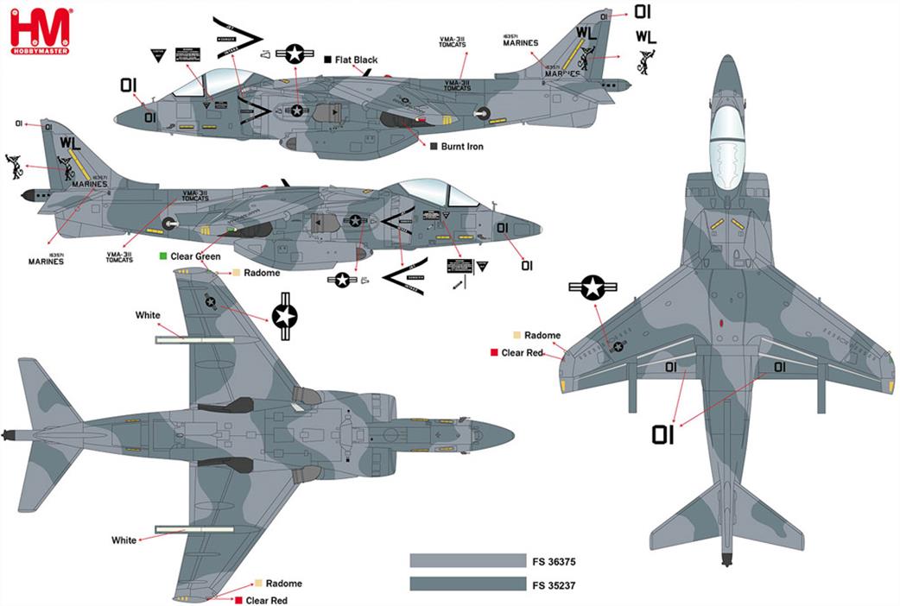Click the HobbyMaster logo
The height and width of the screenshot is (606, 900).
(x=40, y=31)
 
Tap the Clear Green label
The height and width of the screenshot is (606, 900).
(x=196, y=256)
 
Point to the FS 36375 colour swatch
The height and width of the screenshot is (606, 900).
(x=466, y=562)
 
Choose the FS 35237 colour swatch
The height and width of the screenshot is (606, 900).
(x=466, y=584)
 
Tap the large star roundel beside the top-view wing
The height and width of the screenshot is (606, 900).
(x=593, y=288)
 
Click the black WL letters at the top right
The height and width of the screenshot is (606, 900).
(x=646, y=37)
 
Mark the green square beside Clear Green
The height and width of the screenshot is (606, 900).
(x=163, y=256)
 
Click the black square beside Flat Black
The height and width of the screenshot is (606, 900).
(x=328, y=60)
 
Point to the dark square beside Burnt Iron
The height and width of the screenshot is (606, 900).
(x=434, y=147)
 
